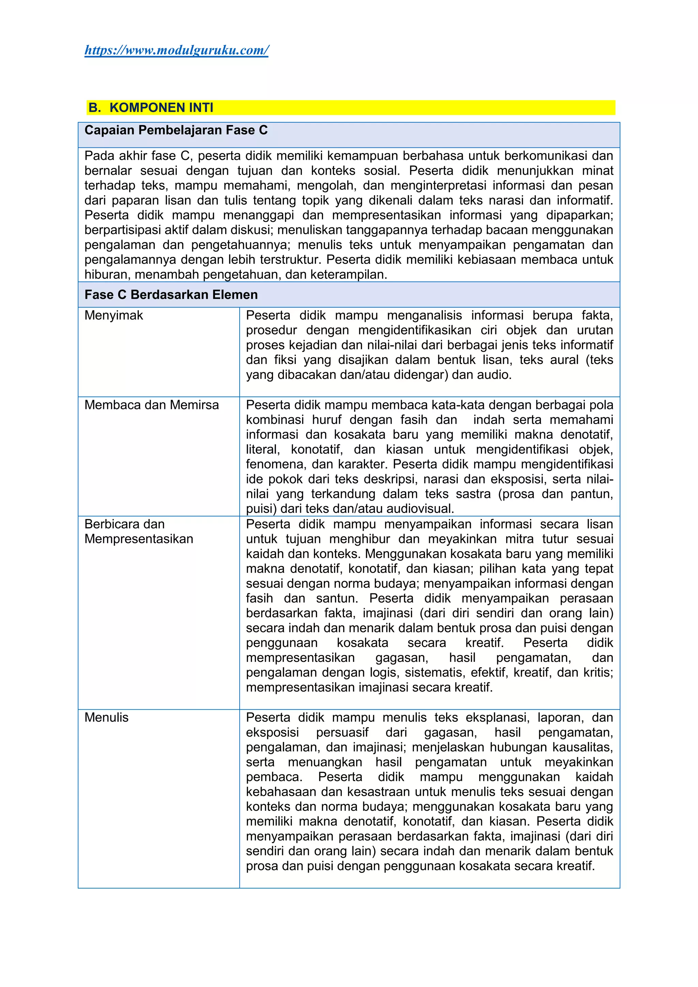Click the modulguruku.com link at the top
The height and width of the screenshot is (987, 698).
pos(176,50)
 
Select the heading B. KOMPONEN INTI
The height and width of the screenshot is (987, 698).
pos(150,107)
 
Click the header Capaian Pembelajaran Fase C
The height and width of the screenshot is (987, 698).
pos(176,130)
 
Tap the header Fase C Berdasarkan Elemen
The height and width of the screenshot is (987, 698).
pos(171,294)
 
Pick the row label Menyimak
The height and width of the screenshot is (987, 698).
pos(113,315)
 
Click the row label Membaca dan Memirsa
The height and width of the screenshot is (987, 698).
pos(151,405)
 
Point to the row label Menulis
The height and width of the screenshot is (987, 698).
pos(106,717)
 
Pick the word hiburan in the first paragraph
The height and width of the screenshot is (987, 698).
pos(106,274)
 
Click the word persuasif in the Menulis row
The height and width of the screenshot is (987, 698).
pos(342,732)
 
